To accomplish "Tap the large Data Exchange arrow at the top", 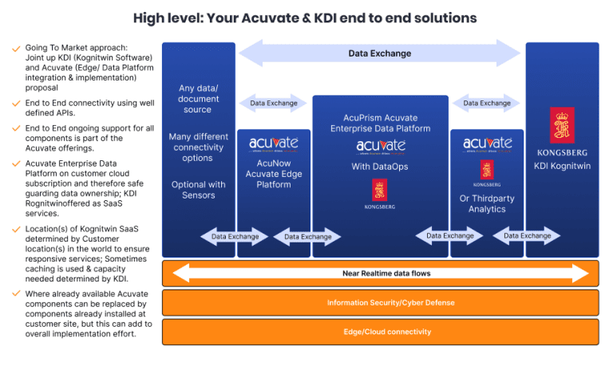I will (379, 53).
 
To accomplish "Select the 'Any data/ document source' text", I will (198, 98).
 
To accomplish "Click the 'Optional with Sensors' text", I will (198, 190).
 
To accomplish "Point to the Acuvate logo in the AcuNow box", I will (273, 144).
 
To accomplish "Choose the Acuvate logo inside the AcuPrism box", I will (380, 146).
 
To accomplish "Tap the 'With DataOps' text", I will (380, 167).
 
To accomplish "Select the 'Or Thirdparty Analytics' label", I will (487, 203).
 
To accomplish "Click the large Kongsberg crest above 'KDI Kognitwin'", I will (562, 125).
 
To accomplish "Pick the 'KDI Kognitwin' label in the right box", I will (562, 165).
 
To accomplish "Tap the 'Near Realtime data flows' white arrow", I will (381, 274).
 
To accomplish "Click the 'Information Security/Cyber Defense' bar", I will (381, 303).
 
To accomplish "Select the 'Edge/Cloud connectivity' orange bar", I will (381, 332).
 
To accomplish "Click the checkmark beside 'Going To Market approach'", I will (16, 48).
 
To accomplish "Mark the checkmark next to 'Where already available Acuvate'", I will (16, 293).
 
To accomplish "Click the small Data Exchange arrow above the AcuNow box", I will (273, 103).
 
